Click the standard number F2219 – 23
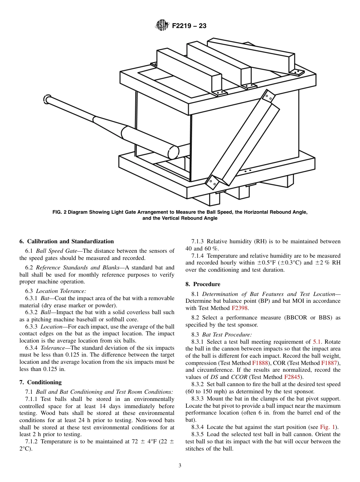pos(189,26)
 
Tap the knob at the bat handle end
pos(47,99)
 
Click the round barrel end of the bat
pos(173,152)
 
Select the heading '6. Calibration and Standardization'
pos(66,241)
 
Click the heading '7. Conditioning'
pos(40,382)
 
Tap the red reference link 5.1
pos(317,342)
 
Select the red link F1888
pos(260,363)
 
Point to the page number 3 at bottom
pos(180,466)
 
